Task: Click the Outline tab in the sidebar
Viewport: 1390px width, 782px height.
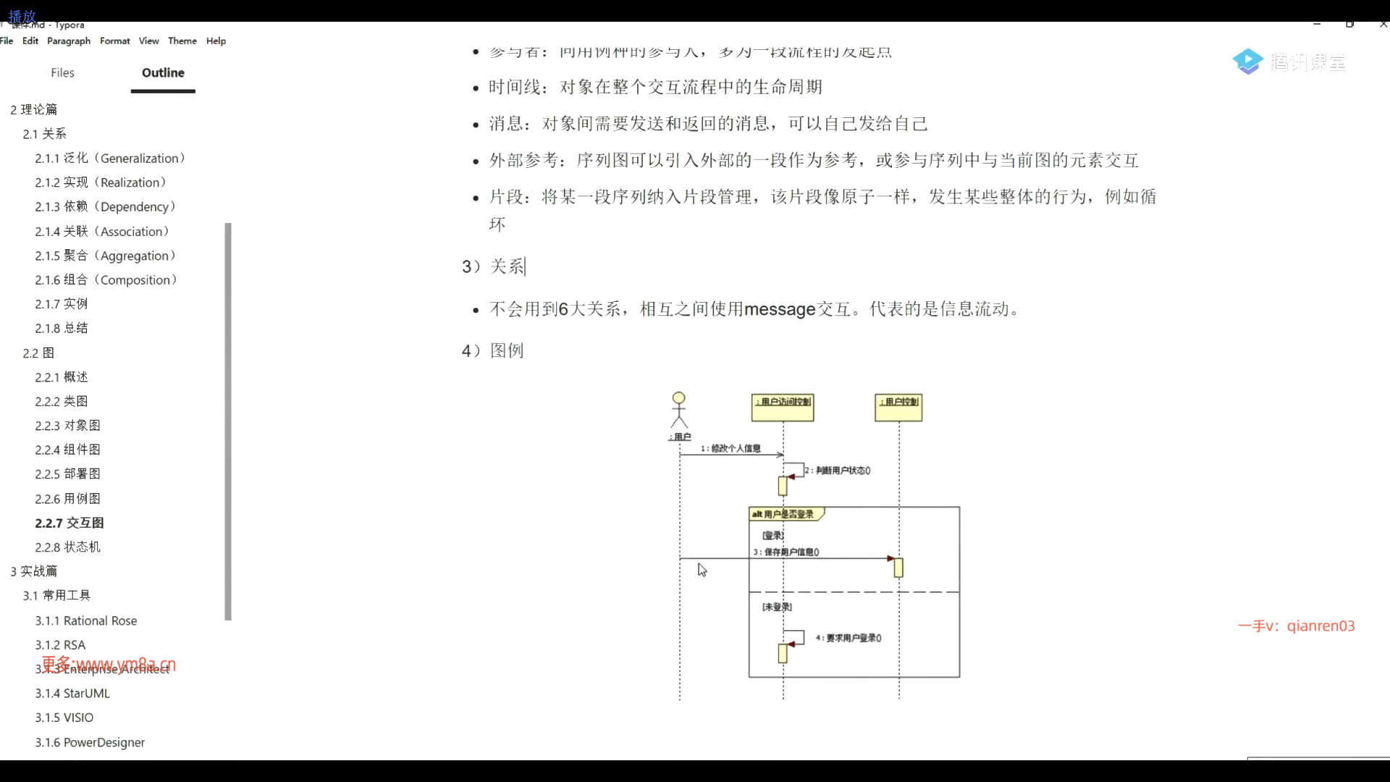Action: coord(163,73)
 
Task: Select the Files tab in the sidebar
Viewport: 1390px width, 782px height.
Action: coord(62,73)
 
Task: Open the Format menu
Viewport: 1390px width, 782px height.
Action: coord(114,41)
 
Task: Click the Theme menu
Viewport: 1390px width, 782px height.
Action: coord(182,41)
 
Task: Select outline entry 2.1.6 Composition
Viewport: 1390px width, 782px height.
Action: coord(106,280)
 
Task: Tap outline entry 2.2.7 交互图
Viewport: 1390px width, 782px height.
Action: coord(69,523)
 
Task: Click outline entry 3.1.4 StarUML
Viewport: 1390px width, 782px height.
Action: coord(72,694)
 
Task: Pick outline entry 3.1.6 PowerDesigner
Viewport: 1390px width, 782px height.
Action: coord(90,743)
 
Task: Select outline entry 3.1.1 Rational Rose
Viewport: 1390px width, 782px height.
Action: coord(85,621)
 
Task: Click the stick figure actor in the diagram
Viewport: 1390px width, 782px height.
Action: coord(678,411)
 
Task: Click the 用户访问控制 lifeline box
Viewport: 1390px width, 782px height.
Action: coord(783,407)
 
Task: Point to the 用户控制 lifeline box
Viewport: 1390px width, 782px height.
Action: coord(898,407)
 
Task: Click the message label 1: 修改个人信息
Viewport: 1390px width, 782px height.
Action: coord(730,449)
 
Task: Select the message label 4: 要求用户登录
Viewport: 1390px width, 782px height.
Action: coord(848,639)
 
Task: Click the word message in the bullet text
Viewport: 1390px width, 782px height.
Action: coord(780,310)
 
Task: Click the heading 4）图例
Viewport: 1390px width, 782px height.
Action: coord(493,351)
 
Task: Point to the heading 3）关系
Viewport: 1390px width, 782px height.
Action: coord(494,267)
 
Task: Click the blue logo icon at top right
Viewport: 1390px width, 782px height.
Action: coord(1247,62)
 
